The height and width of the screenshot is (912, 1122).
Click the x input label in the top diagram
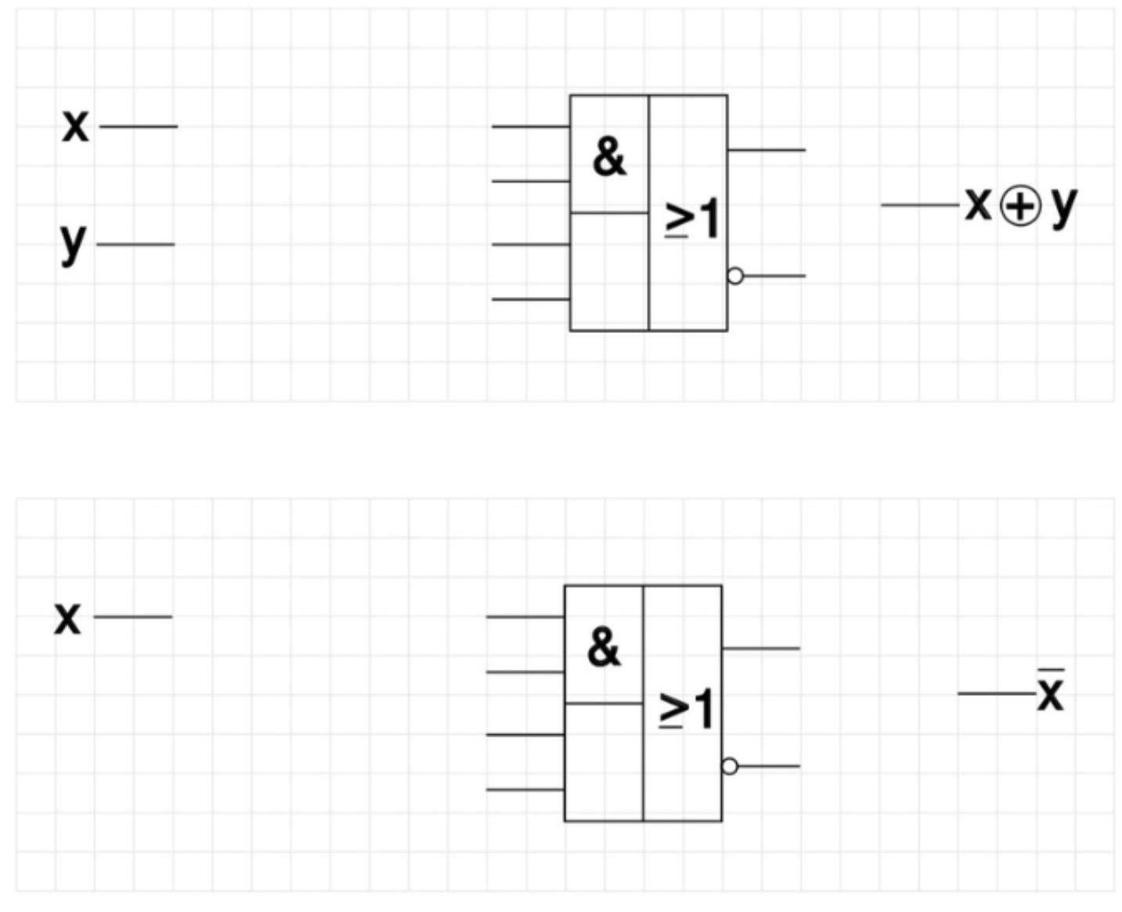coord(75,127)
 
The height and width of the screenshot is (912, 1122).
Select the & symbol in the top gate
coord(609,157)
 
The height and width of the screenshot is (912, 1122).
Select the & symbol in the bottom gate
coord(604,647)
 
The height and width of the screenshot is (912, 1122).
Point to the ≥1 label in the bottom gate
coord(686,709)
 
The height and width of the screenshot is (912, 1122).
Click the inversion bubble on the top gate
coord(735,276)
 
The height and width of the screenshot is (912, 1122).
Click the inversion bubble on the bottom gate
coord(730,766)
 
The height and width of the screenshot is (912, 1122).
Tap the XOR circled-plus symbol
coord(1021,206)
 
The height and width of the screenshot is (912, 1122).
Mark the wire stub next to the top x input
coord(139,126)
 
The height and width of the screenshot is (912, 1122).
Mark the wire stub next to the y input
coord(135,244)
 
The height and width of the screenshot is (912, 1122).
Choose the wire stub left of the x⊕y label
coord(920,205)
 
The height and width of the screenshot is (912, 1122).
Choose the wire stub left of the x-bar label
coord(997,693)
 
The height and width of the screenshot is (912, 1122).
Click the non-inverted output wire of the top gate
coord(767,150)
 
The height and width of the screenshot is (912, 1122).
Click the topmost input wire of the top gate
coord(531,126)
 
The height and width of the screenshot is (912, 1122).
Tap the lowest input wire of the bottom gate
coord(525,790)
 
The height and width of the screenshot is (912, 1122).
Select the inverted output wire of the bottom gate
coord(769,766)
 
